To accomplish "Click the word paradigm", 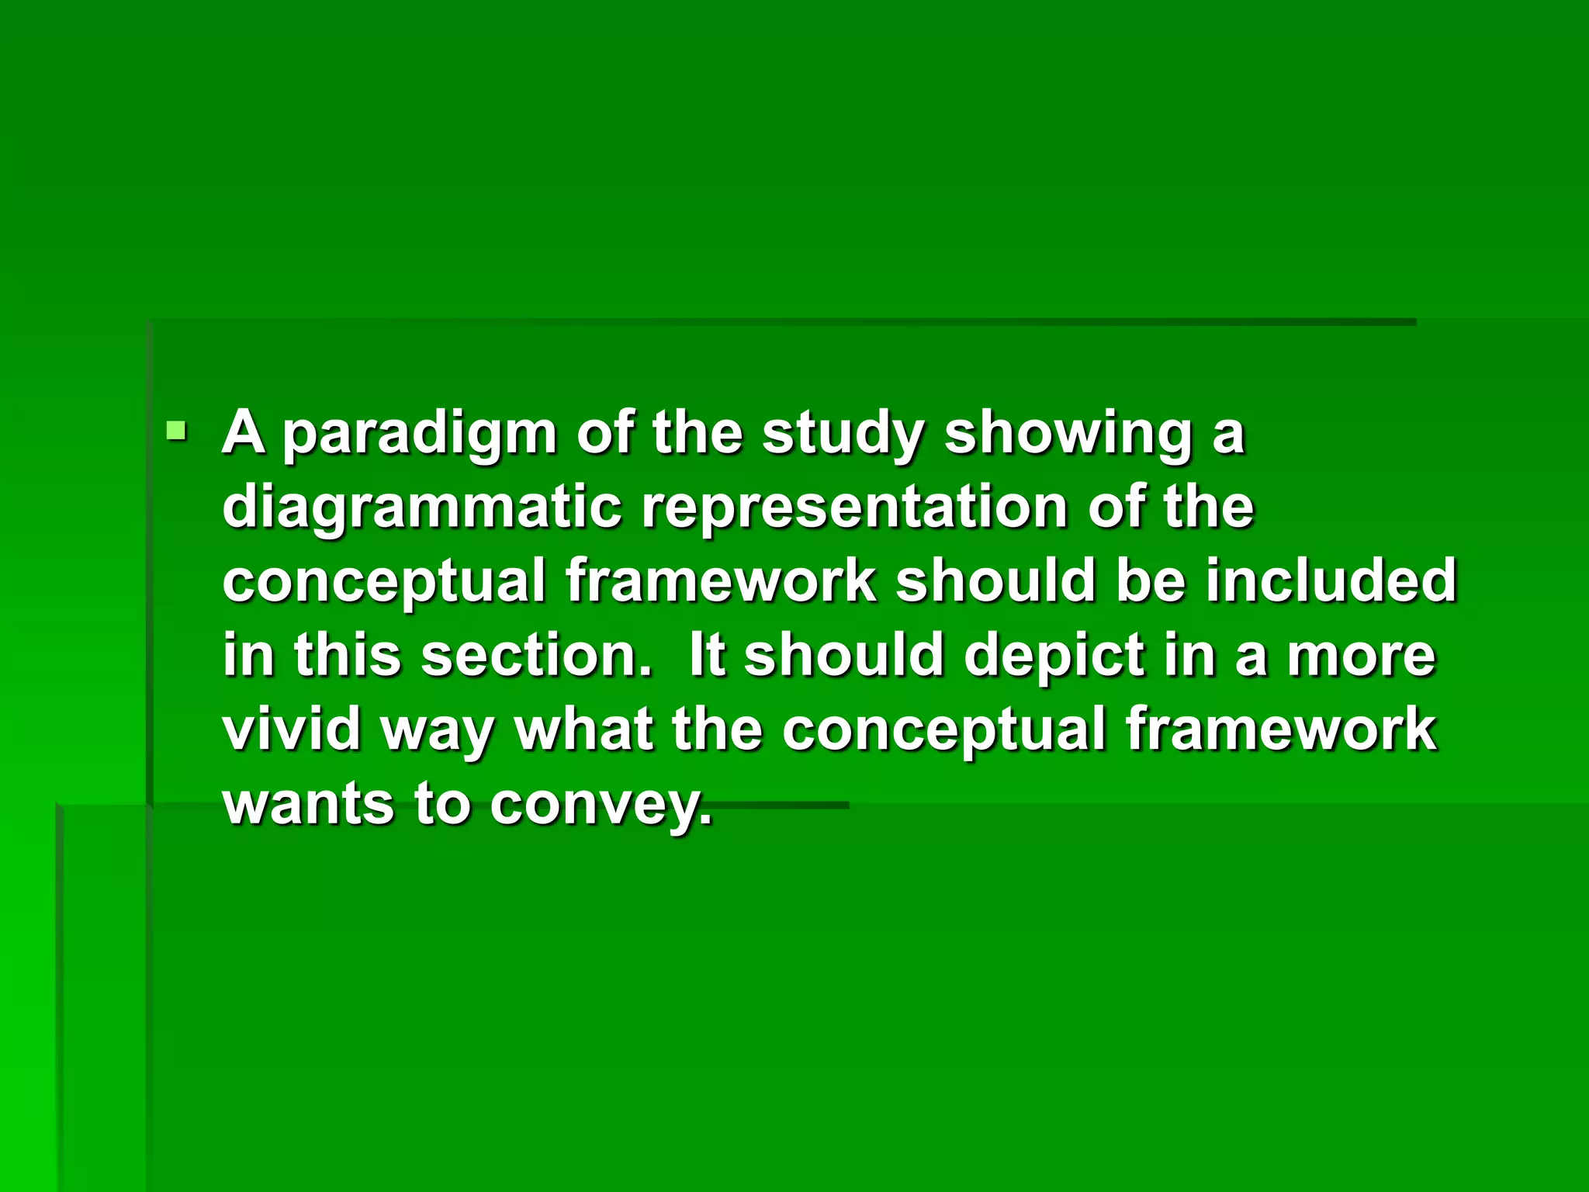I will coord(419,435).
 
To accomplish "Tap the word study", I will coord(843,435).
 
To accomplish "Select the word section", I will coord(535,654).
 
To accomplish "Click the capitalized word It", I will coord(705,654).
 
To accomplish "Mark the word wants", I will coord(308,804).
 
